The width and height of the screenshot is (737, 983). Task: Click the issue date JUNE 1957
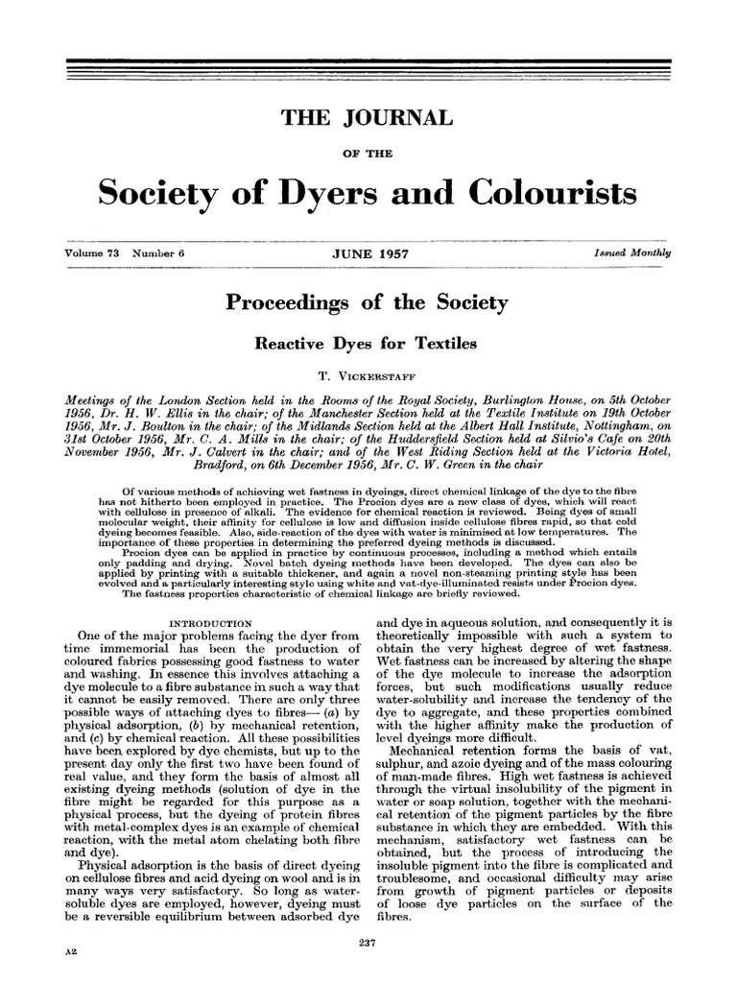[368, 252]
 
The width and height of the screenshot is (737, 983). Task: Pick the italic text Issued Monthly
[634, 252]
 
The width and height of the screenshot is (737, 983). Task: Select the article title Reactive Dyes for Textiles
[368, 341]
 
